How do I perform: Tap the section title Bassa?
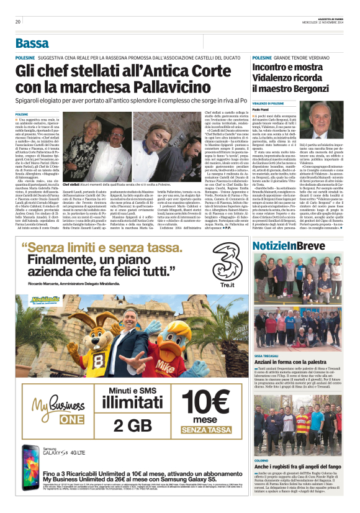click(x=32, y=43)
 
